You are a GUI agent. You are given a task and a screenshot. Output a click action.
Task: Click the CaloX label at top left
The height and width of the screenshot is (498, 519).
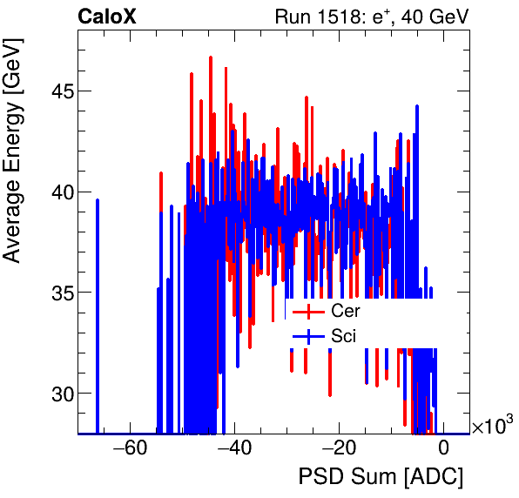(x=106, y=17)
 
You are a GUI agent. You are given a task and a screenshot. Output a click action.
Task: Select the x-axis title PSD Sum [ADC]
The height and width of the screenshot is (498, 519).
(x=381, y=478)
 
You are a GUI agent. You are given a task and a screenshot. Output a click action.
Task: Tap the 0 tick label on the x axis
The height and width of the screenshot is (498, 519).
(x=443, y=449)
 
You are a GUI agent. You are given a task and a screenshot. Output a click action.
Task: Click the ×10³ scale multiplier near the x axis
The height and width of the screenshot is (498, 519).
(x=492, y=426)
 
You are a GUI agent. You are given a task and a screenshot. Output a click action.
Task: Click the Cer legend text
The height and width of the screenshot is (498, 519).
(x=345, y=311)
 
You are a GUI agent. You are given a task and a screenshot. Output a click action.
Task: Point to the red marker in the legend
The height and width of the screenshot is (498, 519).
(x=308, y=312)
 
